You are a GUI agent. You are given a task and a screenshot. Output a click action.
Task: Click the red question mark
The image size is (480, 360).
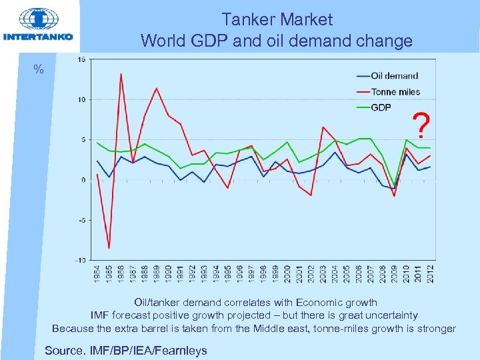click(x=421, y=124)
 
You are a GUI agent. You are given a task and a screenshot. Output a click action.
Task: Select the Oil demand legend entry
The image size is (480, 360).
click(x=394, y=76)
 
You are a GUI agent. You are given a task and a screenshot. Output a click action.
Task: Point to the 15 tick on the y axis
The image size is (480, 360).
click(x=81, y=60)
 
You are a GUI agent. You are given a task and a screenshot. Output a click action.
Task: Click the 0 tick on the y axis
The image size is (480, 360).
click(x=82, y=180)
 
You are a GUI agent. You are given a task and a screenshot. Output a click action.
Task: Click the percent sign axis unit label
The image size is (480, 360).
click(x=39, y=69)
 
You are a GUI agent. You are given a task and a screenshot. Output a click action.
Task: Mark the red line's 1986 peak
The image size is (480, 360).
click(x=121, y=74)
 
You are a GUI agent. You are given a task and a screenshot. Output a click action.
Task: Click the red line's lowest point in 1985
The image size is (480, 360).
click(x=109, y=248)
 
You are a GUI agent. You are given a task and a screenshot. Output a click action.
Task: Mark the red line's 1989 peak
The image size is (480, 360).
click(x=157, y=88)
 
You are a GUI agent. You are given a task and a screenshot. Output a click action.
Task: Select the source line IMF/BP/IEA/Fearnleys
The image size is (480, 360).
click(x=125, y=350)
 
